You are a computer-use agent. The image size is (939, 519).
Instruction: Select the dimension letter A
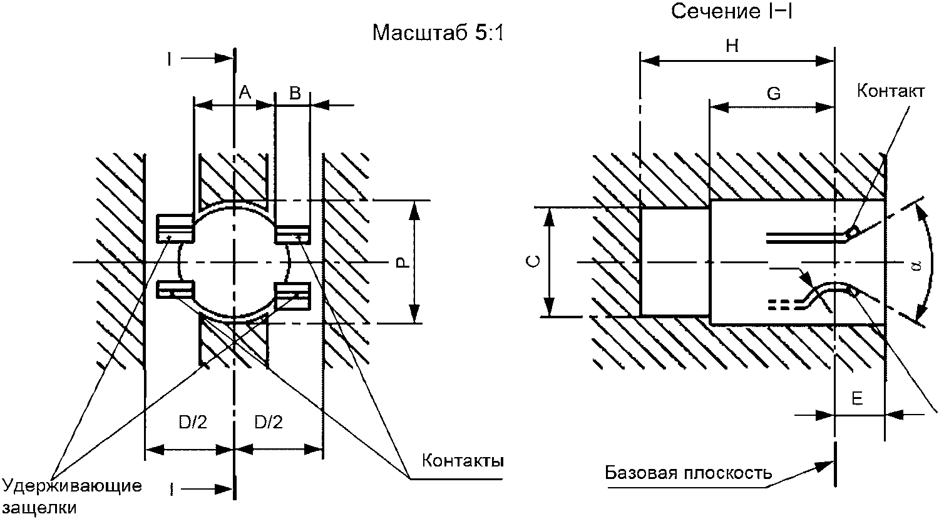(245, 93)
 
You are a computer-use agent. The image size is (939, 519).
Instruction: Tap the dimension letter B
(295, 94)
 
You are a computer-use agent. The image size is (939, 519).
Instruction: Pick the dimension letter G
(774, 94)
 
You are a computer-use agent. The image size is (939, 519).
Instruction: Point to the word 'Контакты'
(463, 461)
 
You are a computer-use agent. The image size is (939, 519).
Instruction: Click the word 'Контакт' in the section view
(890, 91)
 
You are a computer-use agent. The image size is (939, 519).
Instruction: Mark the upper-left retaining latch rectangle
(173, 228)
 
